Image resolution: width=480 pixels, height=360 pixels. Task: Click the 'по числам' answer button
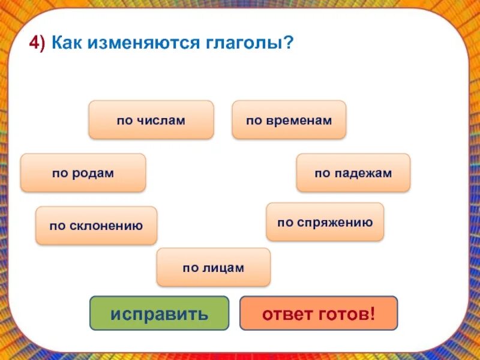(151, 120)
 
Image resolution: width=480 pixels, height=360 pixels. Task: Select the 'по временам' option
(289, 120)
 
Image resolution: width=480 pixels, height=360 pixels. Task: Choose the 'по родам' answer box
(83, 173)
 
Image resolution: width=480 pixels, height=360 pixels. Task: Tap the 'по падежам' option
(353, 173)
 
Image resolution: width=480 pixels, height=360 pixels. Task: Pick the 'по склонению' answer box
(96, 226)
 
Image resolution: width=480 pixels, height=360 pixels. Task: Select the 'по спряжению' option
(325, 222)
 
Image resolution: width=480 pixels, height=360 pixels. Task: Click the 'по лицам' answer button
(214, 268)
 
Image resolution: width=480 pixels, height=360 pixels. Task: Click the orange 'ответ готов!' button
(319, 313)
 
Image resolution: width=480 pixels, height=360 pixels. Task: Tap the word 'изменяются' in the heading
(133, 44)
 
